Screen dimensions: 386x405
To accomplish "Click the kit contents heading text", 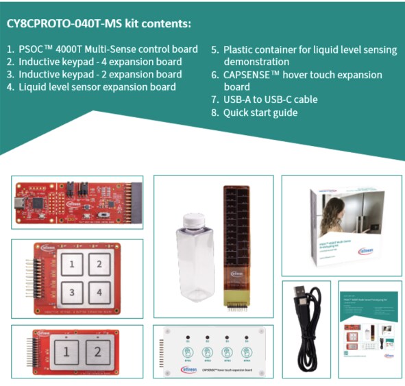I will (99, 23).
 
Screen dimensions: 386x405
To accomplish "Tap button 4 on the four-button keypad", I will (99, 292).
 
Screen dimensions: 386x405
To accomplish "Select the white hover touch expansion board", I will (213, 350).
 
